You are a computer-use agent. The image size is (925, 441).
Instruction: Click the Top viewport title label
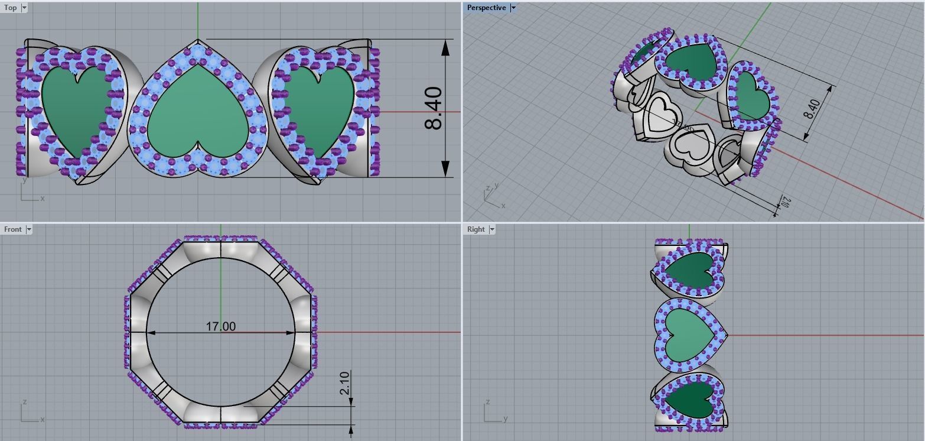[x=10, y=8]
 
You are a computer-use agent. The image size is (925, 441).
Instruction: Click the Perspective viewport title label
[x=486, y=8]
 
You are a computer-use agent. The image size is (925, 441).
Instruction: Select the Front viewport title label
[x=12, y=229]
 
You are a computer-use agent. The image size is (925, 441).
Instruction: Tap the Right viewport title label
[x=475, y=229]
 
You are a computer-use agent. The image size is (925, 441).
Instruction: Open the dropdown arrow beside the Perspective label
[x=513, y=8]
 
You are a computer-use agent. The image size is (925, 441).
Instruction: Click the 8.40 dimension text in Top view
[x=434, y=108]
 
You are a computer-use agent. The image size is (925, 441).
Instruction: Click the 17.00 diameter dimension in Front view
[x=220, y=326]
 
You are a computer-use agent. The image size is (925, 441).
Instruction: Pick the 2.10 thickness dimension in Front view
[x=345, y=382]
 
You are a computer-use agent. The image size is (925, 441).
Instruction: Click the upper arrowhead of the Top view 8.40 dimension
[x=445, y=48]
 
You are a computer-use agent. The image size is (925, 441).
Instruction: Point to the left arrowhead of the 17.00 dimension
[x=151, y=333]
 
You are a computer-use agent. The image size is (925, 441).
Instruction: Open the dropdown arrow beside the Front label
[x=28, y=229]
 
